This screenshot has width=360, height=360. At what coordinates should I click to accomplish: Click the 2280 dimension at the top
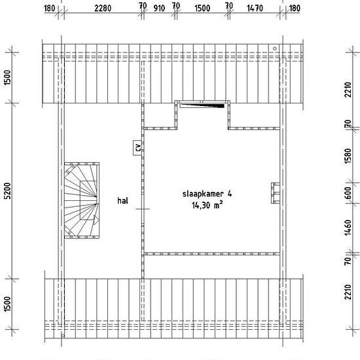pos(103,9)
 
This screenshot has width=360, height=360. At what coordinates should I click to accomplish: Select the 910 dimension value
pos(159,9)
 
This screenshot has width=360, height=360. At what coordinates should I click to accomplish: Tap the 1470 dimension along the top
pos(255,9)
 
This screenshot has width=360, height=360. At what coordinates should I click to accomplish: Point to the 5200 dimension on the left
pos(8,190)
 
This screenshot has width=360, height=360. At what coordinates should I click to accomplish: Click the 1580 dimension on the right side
pos(348,156)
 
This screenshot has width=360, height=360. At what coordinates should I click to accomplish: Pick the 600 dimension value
pos(348,193)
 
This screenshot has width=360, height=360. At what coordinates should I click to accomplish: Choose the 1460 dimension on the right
pos(348,228)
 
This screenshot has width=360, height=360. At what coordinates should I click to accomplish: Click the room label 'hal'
pos(122,201)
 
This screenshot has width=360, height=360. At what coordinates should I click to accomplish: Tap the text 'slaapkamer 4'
pos(207,194)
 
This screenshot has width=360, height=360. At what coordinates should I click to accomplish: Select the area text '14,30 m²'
pos(207,205)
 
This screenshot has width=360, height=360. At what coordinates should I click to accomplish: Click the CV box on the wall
pos(137,148)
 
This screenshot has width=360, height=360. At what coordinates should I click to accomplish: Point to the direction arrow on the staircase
pos(96,221)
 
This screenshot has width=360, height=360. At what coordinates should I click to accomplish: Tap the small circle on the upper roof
pos(275,48)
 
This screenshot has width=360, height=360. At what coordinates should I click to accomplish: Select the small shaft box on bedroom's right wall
pos(276,193)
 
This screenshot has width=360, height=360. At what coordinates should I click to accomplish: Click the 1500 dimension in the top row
pos(202,9)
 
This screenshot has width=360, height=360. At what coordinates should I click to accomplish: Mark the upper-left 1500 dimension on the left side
pos(8,77)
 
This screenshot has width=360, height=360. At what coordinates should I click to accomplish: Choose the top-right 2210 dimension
pos(348,90)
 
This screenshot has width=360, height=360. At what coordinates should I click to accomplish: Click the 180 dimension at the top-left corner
pos(49,9)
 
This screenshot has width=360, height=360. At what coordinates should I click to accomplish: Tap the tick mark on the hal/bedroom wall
pos(143,209)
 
